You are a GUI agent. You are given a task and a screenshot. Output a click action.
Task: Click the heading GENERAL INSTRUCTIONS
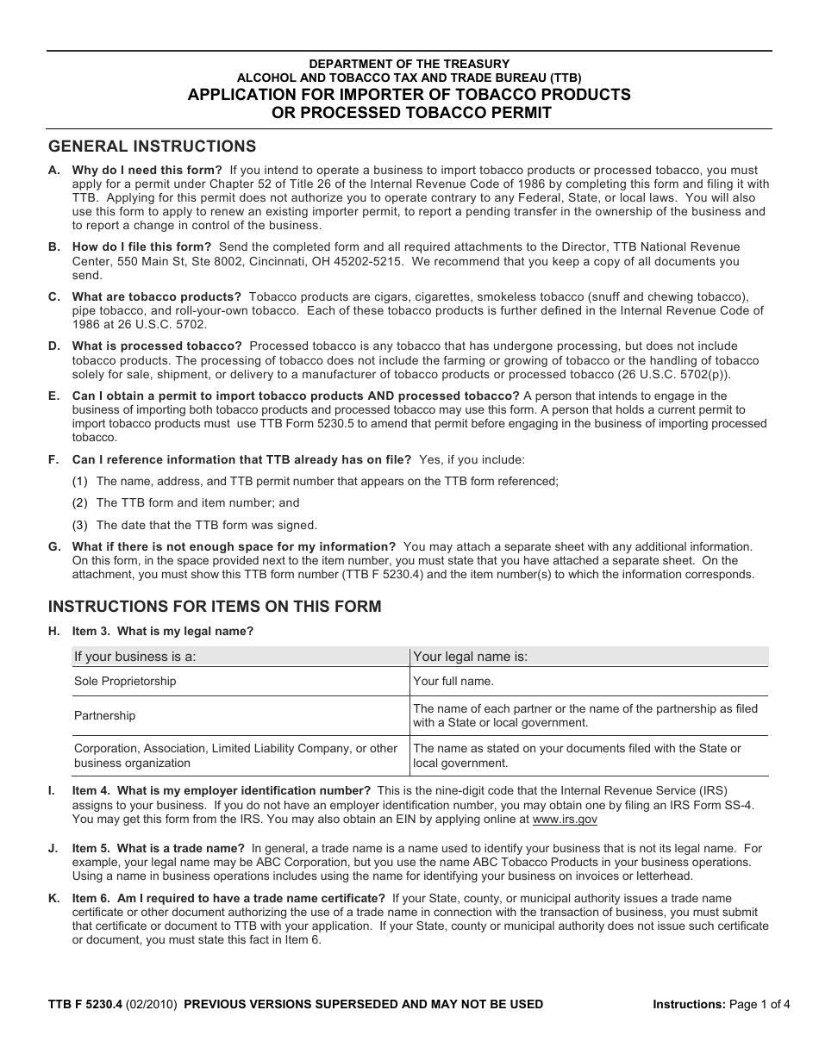152,147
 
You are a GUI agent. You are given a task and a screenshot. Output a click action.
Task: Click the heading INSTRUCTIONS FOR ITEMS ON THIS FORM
214,607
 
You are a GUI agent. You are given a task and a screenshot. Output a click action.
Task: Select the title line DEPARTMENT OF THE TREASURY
409,64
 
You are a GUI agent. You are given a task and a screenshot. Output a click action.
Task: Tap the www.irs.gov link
565,820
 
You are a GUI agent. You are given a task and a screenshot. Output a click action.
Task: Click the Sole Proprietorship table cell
125,682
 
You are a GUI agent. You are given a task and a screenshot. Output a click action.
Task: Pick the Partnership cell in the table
105,716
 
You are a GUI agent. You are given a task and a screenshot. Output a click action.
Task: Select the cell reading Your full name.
453,682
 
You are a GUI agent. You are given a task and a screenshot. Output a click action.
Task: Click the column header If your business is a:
135,657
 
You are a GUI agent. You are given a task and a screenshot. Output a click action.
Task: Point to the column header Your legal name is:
471,657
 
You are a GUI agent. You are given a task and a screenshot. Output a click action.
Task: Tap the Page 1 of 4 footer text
759,1004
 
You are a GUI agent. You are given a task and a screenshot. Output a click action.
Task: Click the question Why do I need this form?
147,171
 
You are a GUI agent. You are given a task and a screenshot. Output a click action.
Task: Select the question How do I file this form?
141,247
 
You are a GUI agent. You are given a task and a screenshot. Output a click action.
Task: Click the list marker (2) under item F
80,503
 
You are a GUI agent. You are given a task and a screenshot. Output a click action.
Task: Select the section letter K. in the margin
53,899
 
